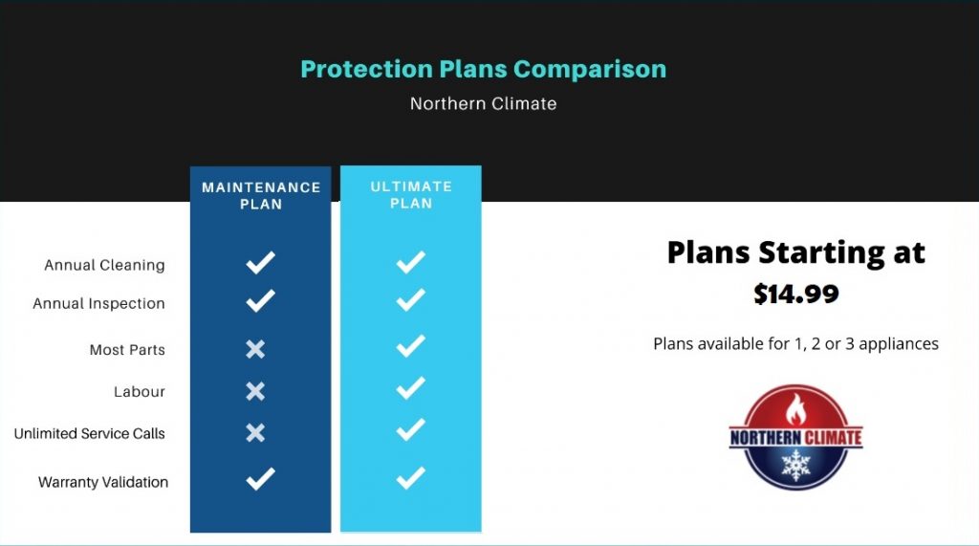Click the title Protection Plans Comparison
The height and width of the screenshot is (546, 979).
[483, 69]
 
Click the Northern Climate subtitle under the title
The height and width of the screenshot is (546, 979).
[483, 103]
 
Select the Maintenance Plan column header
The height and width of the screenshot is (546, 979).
[260, 195]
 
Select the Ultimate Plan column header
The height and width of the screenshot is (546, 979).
[411, 195]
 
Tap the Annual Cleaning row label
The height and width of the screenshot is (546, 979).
[104, 265]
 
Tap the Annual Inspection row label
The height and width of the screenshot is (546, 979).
[98, 303]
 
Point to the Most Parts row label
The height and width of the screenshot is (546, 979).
[127, 350]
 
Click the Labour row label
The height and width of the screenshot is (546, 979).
[139, 391]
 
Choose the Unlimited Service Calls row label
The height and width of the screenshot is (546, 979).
[89, 433]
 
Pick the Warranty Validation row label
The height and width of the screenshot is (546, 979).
[102, 482]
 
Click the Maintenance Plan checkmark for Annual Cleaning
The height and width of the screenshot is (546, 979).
[260, 262]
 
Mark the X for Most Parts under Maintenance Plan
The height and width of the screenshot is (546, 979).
[255, 349]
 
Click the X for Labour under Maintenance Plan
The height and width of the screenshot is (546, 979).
[255, 390]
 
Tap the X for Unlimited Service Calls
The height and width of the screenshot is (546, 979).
[255, 432]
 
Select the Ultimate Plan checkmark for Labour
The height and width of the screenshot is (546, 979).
[410, 387]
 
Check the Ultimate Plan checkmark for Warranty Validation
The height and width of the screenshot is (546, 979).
[410, 477]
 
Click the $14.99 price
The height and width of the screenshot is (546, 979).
[795, 294]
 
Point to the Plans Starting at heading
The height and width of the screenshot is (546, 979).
[795, 251]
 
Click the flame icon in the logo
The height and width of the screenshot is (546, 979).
[795, 409]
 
